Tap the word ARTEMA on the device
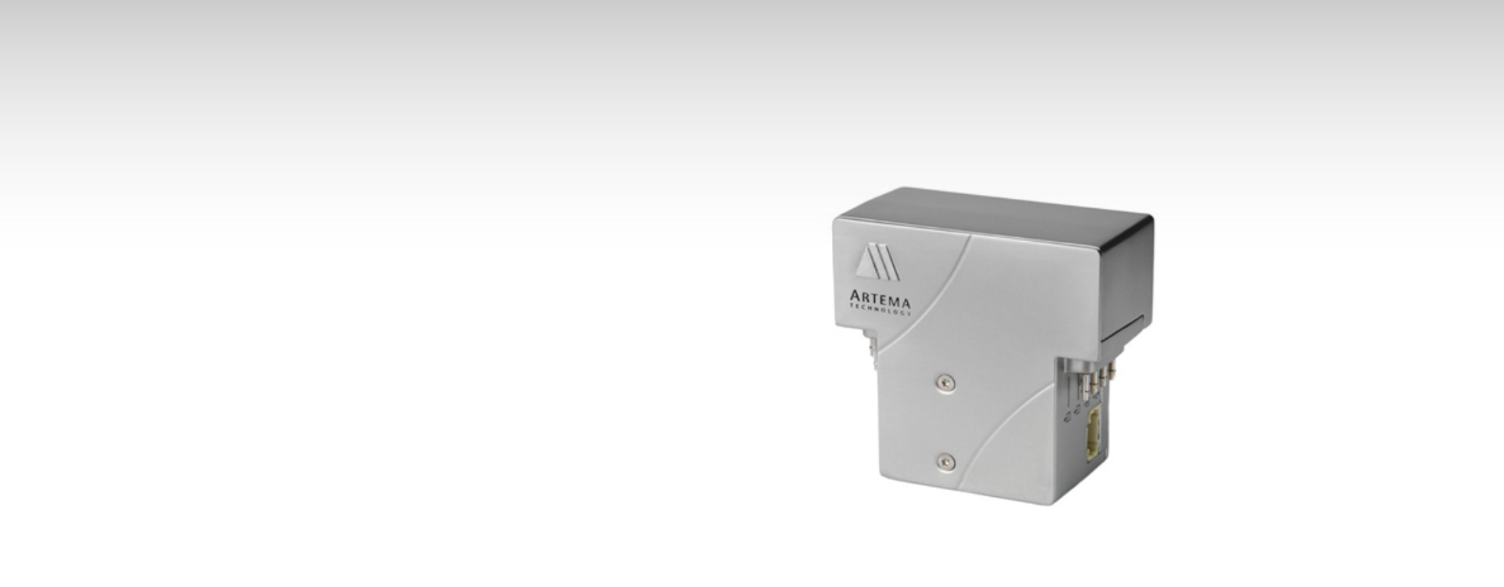coord(880,300)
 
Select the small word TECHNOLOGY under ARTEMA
coord(880,311)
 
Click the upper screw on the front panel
coord(946,383)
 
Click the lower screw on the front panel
coord(946,463)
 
